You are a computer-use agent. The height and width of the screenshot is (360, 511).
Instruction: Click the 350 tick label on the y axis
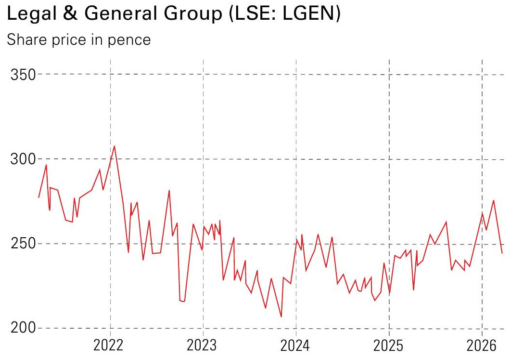pyautogui.click(x=23, y=75)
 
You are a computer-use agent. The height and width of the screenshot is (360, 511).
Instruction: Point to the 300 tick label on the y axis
pyautogui.click(x=23, y=159)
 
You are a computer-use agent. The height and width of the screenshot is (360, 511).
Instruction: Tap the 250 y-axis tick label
pyautogui.click(x=23, y=244)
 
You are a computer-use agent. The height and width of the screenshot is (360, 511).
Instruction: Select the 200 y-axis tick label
pyautogui.click(x=23, y=329)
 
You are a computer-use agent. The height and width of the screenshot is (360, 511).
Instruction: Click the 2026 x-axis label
pyautogui.click(x=482, y=346)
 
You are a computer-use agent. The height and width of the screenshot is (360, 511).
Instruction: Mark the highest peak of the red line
pyautogui.click(x=114, y=146)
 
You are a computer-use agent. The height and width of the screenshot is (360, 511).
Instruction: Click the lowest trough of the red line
pyautogui.click(x=281, y=317)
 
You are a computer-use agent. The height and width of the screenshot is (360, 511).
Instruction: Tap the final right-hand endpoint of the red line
pyautogui.click(x=502, y=253)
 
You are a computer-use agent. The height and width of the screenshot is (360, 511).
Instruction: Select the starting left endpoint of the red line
pyautogui.click(x=38, y=197)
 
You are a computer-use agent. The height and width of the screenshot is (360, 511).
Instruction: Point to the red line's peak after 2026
pyautogui.click(x=493, y=200)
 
